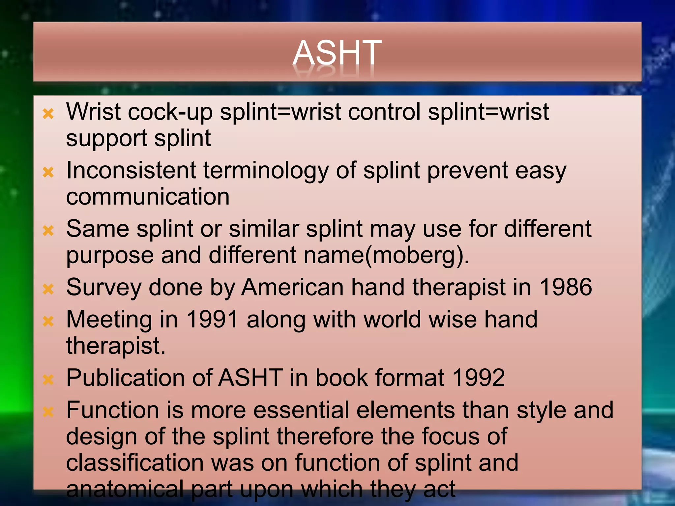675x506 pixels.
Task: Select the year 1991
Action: (x=212, y=320)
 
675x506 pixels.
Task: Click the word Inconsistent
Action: (x=131, y=171)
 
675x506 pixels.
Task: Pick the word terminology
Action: (x=266, y=171)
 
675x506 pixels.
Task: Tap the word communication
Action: (x=148, y=197)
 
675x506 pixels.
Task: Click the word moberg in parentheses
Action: (x=416, y=255)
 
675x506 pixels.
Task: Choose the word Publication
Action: (x=125, y=378)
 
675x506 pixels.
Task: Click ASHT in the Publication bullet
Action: (x=250, y=378)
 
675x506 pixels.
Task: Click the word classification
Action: (x=134, y=463)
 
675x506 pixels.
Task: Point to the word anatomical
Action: (x=125, y=489)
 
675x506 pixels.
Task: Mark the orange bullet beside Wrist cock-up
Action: (x=48, y=114)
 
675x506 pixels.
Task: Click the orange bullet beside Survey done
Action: (x=48, y=289)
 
